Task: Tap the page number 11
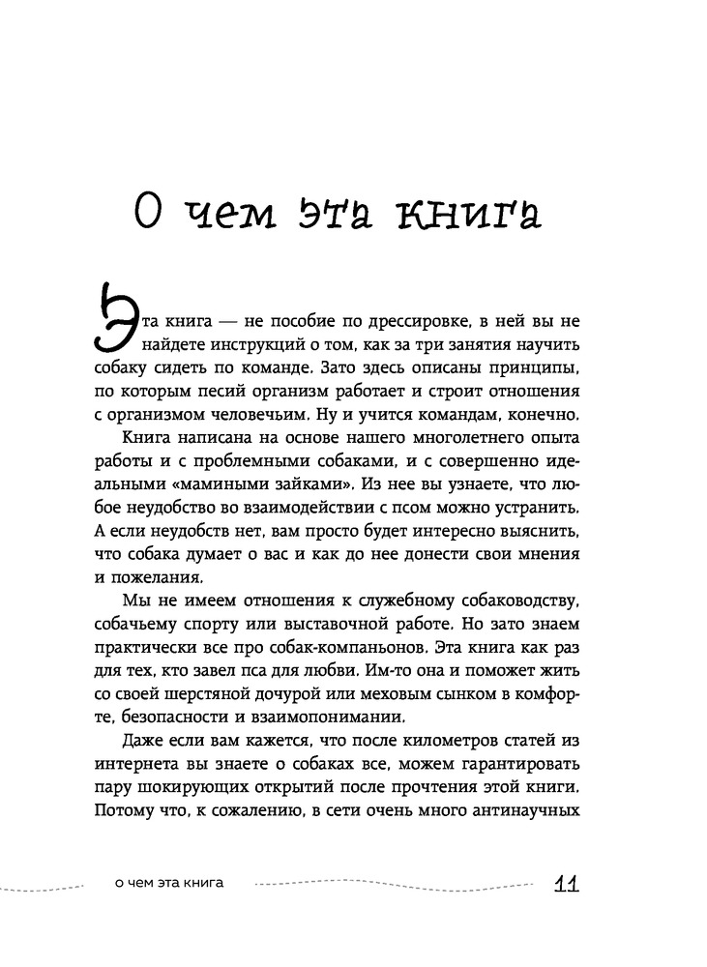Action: (x=567, y=884)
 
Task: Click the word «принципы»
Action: (x=534, y=368)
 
